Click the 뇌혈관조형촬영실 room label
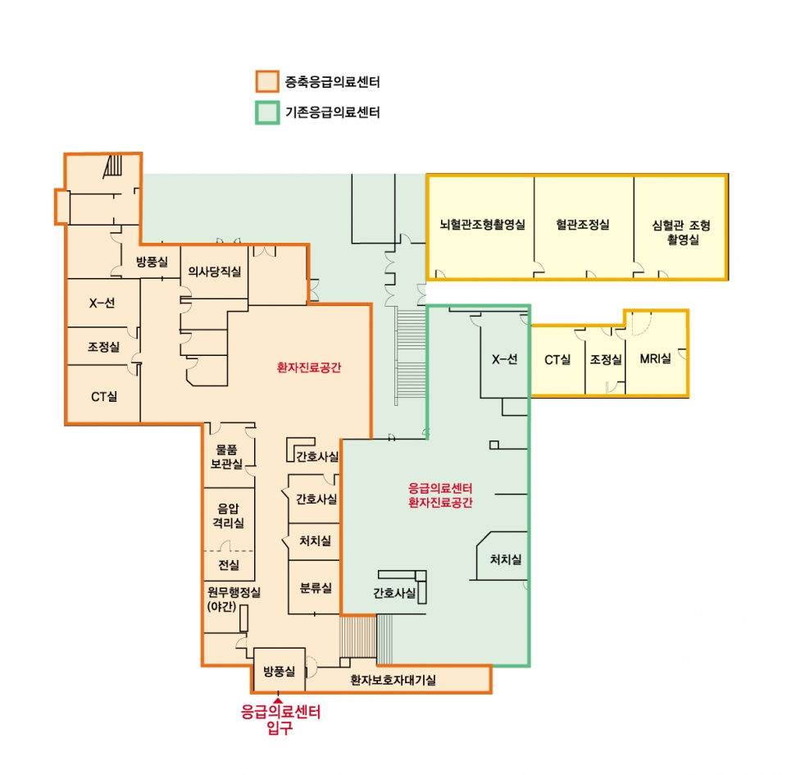tap(482, 225)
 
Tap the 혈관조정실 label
tap(583, 225)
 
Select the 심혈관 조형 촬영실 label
tap(681, 232)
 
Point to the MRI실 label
tap(656, 358)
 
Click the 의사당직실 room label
tap(214, 271)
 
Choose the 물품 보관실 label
tap(226, 457)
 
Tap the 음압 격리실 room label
tap(229, 516)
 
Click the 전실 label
tap(229, 565)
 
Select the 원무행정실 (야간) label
tap(234, 599)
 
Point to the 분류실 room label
tap(316, 588)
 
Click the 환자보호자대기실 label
tap(393, 680)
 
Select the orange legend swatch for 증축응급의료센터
tap(267, 81)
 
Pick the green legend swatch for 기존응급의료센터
tap(267, 112)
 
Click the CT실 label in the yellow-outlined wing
tap(557, 359)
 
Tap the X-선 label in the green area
tap(504, 359)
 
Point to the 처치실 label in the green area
tap(506, 559)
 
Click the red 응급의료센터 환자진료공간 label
tap(440, 495)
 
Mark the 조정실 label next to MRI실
tap(606, 359)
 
